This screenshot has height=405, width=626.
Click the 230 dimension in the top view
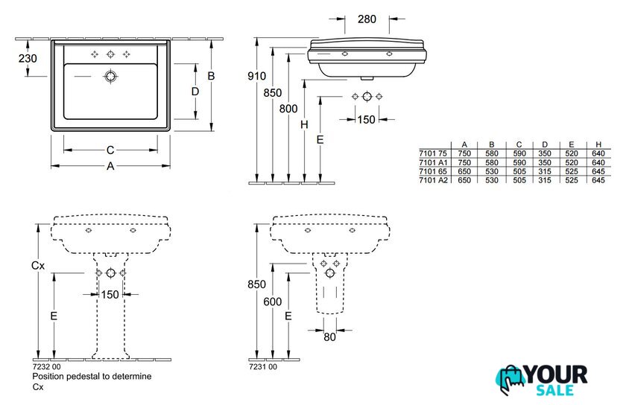27,57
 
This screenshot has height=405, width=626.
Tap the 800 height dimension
288,108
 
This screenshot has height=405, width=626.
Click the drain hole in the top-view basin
111,76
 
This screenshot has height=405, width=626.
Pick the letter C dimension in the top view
110,150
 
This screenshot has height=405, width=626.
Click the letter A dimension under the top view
110,167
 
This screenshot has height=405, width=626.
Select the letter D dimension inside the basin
195,91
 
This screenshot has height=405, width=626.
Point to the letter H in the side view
304,125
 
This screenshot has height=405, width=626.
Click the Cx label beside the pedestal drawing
37,265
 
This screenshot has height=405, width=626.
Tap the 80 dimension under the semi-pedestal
329,337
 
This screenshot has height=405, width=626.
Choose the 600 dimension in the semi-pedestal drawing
273,302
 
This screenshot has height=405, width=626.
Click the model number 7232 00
45,367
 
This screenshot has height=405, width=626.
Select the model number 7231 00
262,367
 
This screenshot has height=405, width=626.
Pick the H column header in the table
598,144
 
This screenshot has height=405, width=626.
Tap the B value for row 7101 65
491,171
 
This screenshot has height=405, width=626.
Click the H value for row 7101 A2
598,180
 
